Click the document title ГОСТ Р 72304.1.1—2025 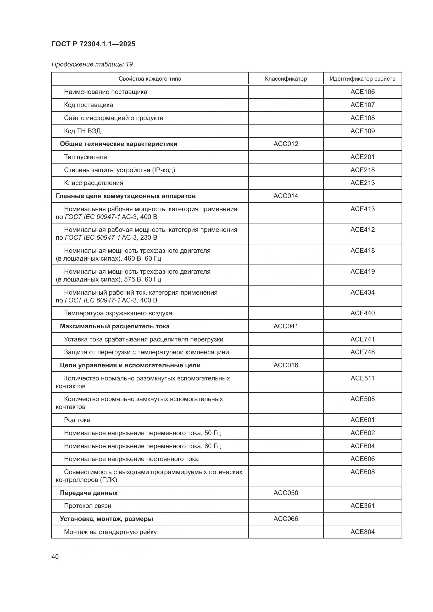[x=93, y=44]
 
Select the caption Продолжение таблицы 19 [x=92, y=64]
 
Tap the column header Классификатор [x=286, y=79]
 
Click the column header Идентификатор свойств [x=362, y=79]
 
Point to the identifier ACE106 [x=362, y=92]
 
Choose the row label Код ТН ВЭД [x=82, y=131]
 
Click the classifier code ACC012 [x=286, y=144]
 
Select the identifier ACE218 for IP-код [x=362, y=170]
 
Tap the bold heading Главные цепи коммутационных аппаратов [x=126, y=196]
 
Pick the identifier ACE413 [x=362, y=209]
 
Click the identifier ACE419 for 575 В [x=362, y=271]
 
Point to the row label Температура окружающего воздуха [x=118, y=313]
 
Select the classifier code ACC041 [x=286, y=326]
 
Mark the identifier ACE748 [x=362, y=352]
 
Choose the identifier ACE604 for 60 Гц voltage [x=362, y=446]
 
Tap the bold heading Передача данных [x=88, y=493]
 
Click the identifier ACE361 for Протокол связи [x=362, y=506]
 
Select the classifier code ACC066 [x=286, y=519]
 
